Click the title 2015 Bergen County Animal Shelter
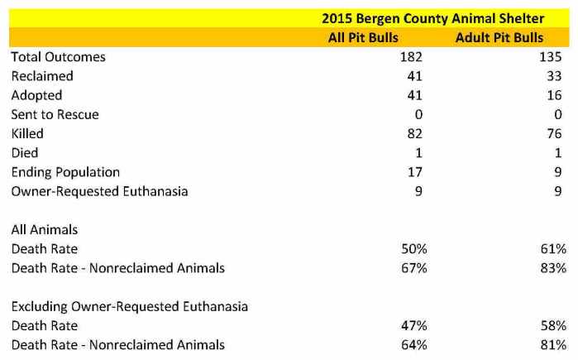433,18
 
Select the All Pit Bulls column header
363,37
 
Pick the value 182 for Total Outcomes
410,57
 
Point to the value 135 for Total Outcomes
553,57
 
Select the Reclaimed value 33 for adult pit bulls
557,76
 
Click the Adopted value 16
557,95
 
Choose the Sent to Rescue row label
55,114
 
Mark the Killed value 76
557,133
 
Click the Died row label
25,153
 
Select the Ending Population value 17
414,172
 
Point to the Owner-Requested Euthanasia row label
99,191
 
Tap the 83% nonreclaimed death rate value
552,267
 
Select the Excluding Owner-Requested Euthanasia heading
129,306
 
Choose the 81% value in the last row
552,344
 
